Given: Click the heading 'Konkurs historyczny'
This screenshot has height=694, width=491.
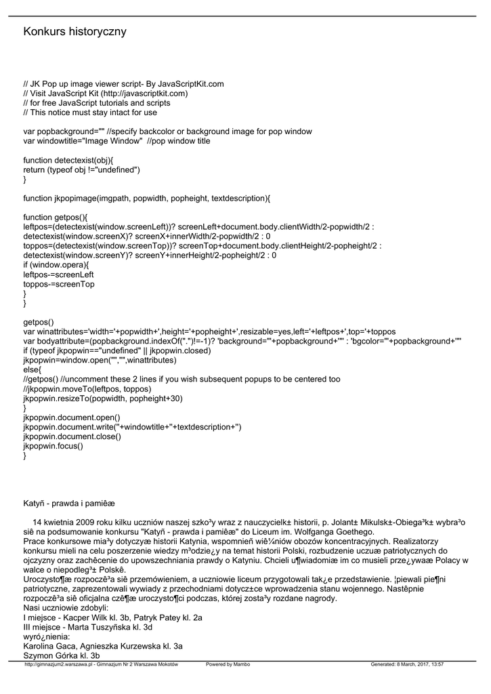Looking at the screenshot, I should [74, 32].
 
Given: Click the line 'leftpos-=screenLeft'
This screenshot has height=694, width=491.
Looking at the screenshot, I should [58, 274].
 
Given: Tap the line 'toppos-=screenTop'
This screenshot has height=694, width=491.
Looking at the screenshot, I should [58, 285].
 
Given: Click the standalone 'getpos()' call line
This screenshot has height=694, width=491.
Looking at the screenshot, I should [39, 322].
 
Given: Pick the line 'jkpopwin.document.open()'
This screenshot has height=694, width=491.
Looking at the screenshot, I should [72, 417].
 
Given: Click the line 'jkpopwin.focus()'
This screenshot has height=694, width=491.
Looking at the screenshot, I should [54, 446].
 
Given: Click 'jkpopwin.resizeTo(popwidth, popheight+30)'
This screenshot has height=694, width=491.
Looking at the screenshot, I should [103, 399].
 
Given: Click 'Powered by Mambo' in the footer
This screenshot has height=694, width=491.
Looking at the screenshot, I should [228, 664].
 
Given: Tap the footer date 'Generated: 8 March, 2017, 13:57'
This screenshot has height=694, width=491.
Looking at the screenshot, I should [407, 664].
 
